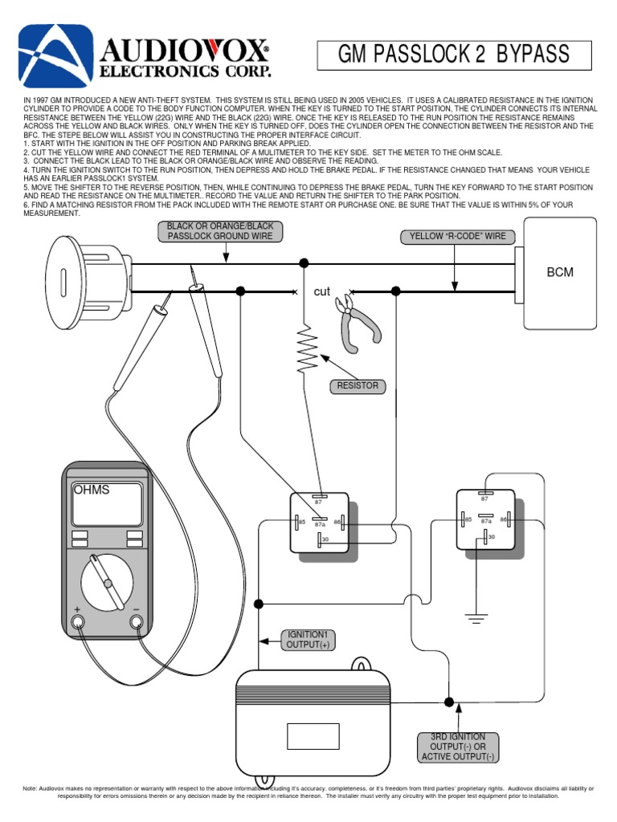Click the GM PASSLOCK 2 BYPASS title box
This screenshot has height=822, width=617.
[x=454, y=55]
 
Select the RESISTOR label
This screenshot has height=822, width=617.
[x=358, y=386]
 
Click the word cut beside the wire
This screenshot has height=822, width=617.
[x=321, y=291]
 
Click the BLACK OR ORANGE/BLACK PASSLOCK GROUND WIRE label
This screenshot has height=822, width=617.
[x=219, y=231]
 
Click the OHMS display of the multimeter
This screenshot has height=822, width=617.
[x=106, y=503]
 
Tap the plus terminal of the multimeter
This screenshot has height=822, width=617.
[x=78, y=623]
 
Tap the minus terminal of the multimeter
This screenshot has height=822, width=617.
[x=136, y=623]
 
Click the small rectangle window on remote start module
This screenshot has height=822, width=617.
[x=306, y=735]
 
